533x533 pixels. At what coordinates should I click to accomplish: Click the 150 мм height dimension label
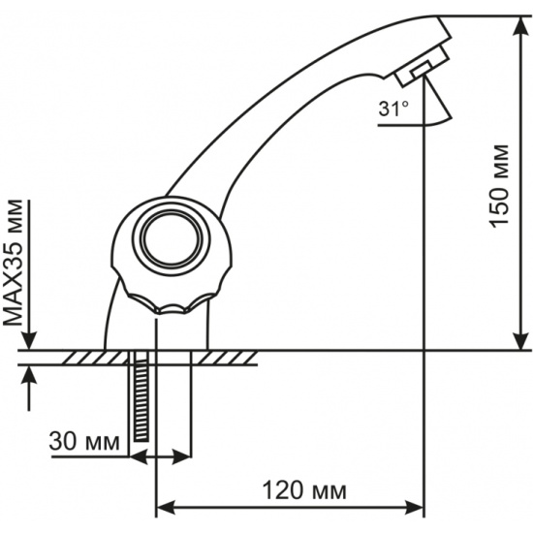coord(499,186)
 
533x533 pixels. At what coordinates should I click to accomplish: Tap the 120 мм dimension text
coord(304,491)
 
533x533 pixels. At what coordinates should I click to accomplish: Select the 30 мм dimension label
coord(84,442)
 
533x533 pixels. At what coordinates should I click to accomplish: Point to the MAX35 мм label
coord(15,263)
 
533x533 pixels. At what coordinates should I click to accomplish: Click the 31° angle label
coord(393,110)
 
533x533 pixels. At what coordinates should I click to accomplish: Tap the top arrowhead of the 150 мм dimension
coord(520,25)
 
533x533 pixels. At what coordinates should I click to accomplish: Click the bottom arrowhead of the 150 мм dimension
coord(520,340)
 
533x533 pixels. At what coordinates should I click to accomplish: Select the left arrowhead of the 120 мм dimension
coord(166,508)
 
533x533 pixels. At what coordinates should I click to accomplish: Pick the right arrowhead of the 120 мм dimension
coord(414,508)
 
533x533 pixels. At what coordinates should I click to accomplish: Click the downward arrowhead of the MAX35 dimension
coord(29,340)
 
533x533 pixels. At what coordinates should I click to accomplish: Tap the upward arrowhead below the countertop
coord(29,375)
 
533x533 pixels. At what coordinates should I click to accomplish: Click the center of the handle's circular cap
coord(172,238)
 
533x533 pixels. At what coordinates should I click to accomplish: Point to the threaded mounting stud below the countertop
coord(141,396)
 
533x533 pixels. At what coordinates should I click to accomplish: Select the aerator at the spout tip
coord(423,66)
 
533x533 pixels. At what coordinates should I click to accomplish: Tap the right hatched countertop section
coord(225,358)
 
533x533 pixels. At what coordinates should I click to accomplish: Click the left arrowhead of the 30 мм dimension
coord(139,456)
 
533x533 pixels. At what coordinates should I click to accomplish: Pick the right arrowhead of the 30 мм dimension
coord(181,456)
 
